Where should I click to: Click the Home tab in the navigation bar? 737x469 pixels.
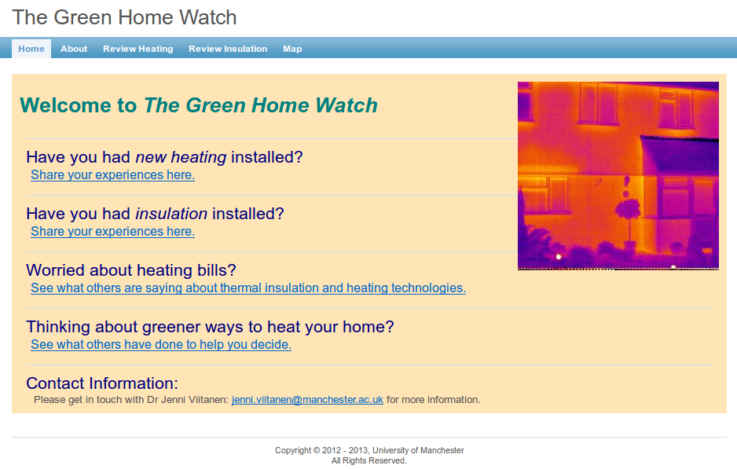[x=31, y=49]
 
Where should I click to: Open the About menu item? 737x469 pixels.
[x=74, y=49]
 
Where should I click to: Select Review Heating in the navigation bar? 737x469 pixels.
[x=138, y=49]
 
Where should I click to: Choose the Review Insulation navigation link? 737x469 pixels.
[x=228, y=49]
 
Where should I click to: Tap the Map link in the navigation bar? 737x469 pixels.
[x=292, y=49]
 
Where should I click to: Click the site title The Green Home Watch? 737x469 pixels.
[x=125, y=17]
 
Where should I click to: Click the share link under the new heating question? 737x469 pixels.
[x=113, y=175]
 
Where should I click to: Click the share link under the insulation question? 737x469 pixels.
[x=113, y=231]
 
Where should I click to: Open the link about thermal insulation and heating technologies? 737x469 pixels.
[x=248, y=288]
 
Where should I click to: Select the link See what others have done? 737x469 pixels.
[x=161, y=344]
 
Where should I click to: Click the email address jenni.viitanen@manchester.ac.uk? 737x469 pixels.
[x=307, y=399]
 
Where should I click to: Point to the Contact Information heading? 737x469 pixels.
[x=102, y=383]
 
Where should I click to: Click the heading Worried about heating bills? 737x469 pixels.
[x=131, y=270]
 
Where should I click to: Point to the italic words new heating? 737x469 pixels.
[x=181, y=157]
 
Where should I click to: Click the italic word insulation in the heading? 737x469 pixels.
[x=171, y=214]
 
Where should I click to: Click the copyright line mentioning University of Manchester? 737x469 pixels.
[x=369, y=450]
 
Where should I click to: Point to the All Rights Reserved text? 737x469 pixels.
[x=369, y=460]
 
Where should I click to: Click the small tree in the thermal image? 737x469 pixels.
[x=628, y=221]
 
